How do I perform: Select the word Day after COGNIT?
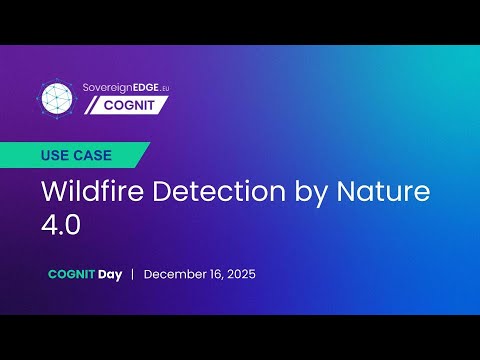click(110, 274)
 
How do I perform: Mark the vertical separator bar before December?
click(133, 274)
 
